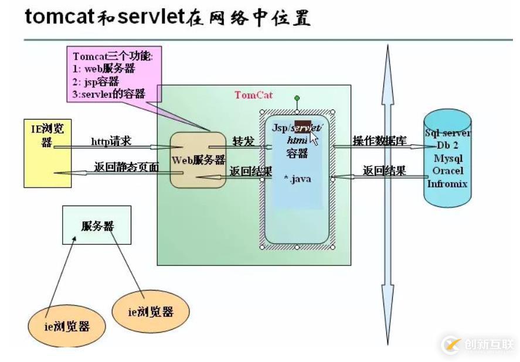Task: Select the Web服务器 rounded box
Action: coord(198,160)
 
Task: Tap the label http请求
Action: coord(111,141)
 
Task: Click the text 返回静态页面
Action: coord(126,167)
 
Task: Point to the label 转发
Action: coord(243,141)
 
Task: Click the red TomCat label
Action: coord(253,95)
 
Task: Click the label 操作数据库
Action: coord(378,141)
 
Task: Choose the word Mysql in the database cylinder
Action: coord(448,158)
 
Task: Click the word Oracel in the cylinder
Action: coord(448,171)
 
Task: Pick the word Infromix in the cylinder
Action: coord(448,184)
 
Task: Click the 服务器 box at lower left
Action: coord(97,226)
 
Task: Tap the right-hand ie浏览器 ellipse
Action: coord(151,312)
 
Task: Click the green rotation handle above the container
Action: coord(297,98)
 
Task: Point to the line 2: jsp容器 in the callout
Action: coord(96,81)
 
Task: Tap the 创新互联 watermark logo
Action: coord(478,344)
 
